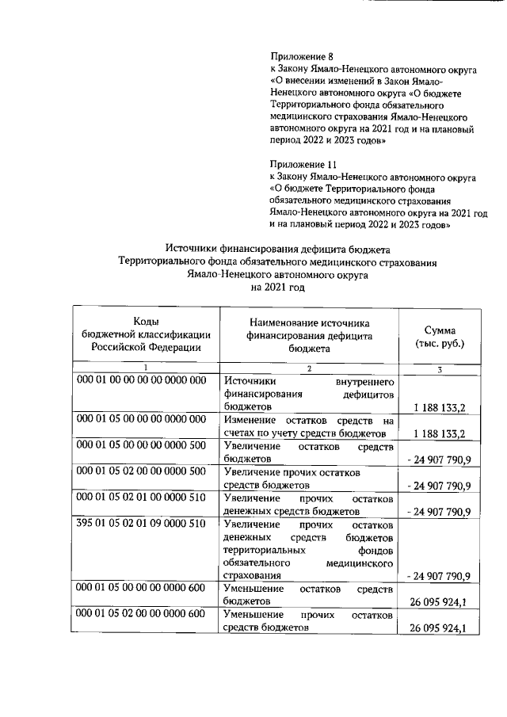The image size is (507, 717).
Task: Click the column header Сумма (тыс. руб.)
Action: click(440, 338)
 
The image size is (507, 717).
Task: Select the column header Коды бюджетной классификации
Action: click(139, 333)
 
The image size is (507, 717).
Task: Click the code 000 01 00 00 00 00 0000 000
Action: click(142, 380)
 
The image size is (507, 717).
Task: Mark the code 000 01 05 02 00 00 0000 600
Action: click(142, 615)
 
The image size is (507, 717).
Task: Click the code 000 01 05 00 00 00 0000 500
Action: click(142, 447)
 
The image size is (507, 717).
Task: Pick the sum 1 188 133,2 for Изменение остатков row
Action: click(440, 433)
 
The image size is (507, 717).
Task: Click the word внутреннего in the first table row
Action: click(364, 380)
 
